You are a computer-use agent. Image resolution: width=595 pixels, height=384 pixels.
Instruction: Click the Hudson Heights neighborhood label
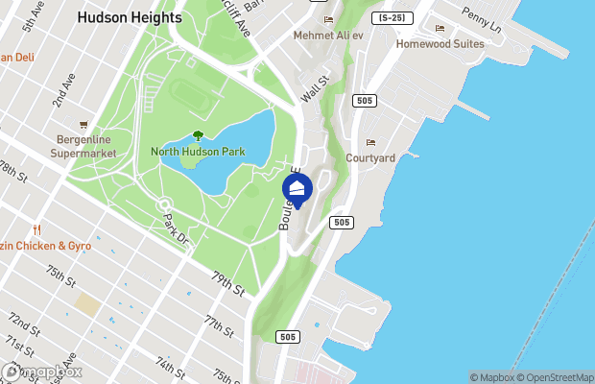[130, 17]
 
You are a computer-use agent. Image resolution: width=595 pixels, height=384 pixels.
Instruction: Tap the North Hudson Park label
[198, 152]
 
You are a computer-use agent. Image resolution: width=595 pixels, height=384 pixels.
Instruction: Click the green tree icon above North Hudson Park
[198, 136]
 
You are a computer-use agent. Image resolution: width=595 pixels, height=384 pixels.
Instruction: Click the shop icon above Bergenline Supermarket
[83, 125]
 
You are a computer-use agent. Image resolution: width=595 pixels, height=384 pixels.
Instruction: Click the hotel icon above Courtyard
[370, 142]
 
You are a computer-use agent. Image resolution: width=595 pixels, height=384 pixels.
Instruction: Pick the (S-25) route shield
[391, 18]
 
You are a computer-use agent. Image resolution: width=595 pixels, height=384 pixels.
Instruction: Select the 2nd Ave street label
[64, 92]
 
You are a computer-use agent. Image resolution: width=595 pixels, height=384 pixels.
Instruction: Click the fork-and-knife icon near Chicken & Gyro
[36, 230]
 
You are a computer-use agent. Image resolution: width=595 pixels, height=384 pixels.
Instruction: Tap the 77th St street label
[219, 325]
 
